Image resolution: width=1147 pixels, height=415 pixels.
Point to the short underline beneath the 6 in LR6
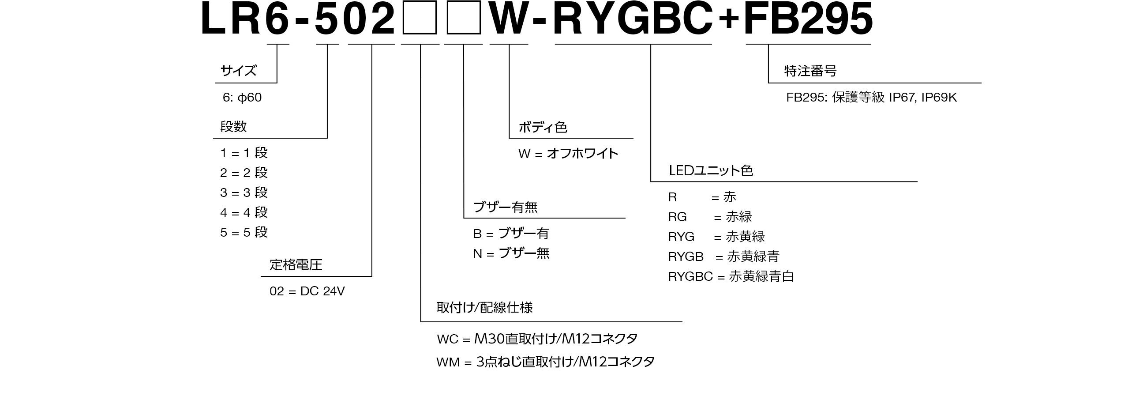point(278,44)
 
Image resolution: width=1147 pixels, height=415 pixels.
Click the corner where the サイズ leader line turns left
point(277,83)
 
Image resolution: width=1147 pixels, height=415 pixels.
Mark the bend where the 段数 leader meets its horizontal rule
point(327,138)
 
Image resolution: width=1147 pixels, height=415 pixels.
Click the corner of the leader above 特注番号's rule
point(768,83)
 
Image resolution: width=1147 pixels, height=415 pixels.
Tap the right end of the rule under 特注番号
point(982,83)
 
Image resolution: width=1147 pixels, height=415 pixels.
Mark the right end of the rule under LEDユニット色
point(917,182)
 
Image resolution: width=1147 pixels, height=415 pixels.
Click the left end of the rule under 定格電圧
point(261,276)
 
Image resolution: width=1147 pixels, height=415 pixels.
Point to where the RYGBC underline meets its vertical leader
point(651,44)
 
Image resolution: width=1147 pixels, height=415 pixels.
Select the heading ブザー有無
point(506,207)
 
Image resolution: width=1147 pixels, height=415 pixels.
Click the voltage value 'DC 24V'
point(322,291)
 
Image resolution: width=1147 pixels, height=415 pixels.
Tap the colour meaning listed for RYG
point(746,237)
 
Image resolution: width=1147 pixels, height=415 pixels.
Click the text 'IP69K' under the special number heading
point(939,98)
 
